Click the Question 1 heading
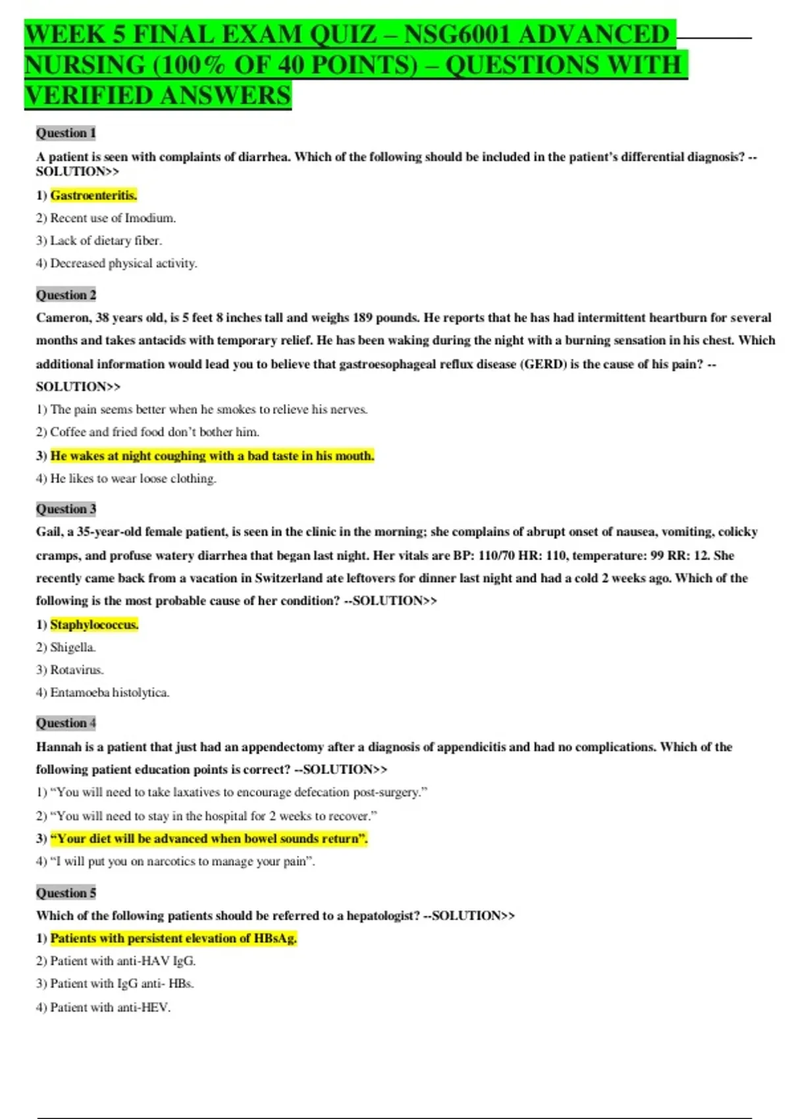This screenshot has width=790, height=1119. tap(66, 133)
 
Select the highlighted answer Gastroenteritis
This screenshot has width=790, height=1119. tap(93, 195)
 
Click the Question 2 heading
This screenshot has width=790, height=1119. tap(66, 295)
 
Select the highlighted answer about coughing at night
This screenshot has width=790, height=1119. tap(212, 455)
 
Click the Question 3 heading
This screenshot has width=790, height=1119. tap(66, 509)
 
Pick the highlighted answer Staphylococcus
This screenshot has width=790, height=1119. tap(94, 625)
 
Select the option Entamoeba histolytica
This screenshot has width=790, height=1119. tap(109, 692)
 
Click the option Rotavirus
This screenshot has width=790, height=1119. tap(76, 670)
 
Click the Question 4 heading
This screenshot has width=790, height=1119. tap(66, 723)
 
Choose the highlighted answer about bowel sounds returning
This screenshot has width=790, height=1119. tap(209, 839)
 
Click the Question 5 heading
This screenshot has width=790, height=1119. tap(66, 893)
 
